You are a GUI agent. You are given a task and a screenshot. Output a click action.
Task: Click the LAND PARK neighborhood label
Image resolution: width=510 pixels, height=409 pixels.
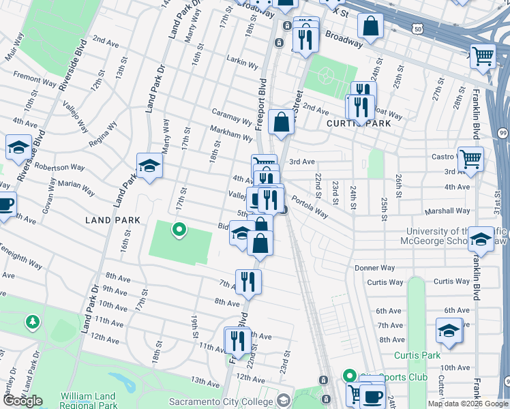coord(112,220)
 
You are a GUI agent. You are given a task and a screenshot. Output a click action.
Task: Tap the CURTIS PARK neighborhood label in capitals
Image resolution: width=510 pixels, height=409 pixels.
coord(359,123)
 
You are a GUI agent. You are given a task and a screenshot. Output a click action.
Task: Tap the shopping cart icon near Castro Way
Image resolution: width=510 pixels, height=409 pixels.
coord(470,160)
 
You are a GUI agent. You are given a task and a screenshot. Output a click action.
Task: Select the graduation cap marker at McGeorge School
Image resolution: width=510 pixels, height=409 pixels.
coord(481,239)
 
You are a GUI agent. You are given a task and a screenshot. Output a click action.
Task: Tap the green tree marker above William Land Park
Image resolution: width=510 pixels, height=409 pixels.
coord(31,321)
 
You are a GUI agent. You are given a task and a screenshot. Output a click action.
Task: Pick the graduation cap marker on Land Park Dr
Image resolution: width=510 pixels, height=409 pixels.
coord(149,166)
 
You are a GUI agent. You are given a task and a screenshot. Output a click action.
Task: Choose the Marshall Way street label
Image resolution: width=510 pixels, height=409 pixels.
coord(447,211)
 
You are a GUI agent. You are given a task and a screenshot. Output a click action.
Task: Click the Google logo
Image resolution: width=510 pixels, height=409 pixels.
coord(22,401)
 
